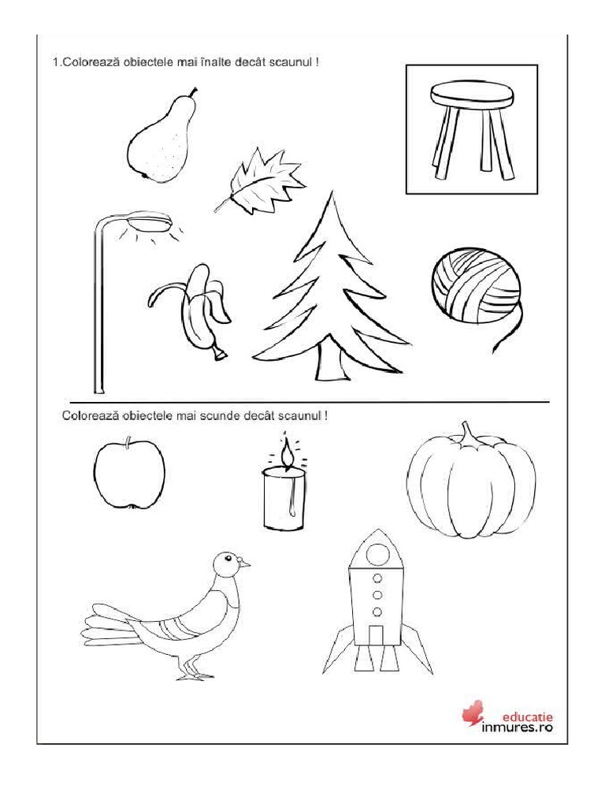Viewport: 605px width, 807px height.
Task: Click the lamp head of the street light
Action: (150, 221)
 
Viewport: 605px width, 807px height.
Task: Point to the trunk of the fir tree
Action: (331, 363)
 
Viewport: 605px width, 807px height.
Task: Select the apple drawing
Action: (129, 474)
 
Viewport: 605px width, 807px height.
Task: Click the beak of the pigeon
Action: (245, 564)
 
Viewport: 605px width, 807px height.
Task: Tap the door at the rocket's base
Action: (377, 635)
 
